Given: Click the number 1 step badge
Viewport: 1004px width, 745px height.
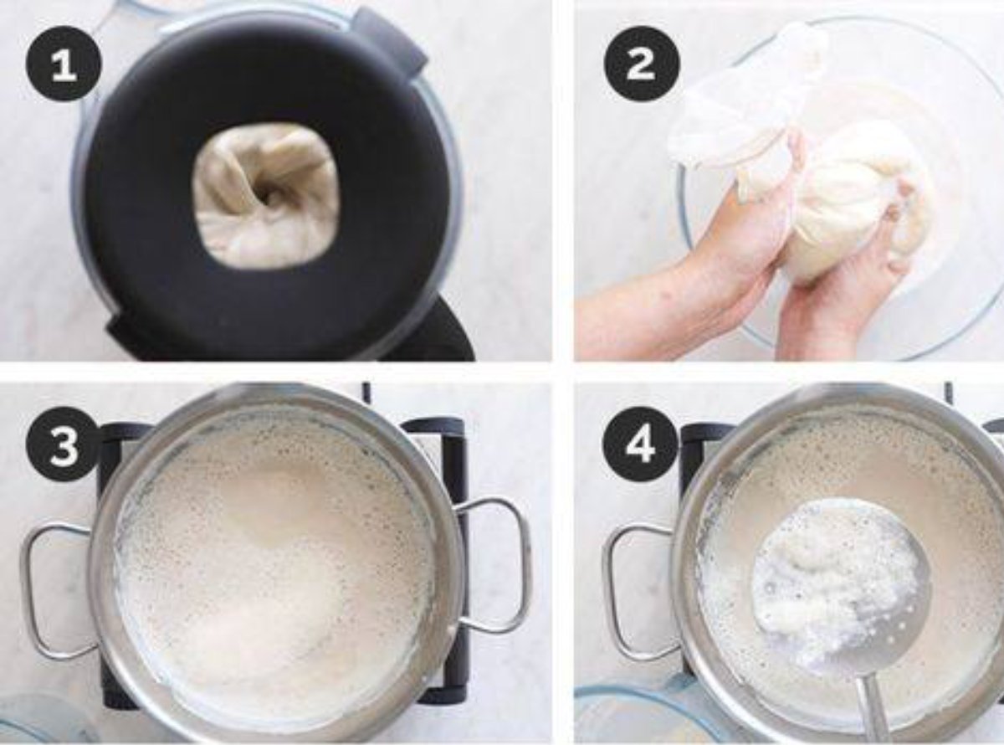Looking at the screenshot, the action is tap(64, 64).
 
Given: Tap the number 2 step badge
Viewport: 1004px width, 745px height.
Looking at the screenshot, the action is tap(642, 64).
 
